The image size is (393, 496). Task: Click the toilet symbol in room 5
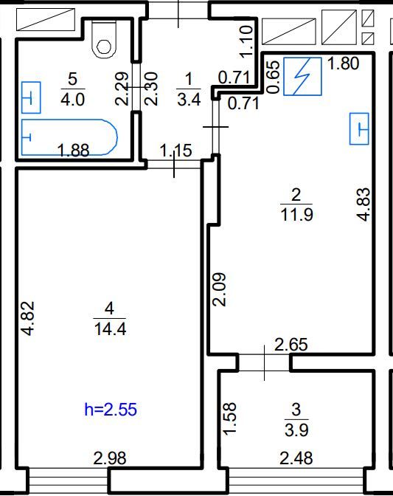(x=103, y=39)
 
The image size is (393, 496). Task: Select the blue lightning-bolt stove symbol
(x=302, y=76)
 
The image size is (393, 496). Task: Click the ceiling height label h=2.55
(x=111, y=410)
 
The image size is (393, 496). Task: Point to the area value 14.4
(x=110, y=329)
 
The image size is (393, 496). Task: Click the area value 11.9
(x=296, y=215)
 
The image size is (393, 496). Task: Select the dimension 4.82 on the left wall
(x=27, y=319)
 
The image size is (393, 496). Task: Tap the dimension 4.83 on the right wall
(x=364, y=204)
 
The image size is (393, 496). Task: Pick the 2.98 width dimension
(x=110, y=458)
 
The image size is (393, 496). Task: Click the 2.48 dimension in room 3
(x=296, y=458)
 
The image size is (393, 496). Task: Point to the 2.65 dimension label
(x=291, y=345)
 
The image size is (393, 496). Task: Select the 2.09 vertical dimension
(x=219, y=289)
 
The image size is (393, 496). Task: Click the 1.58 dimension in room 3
(x=229, y=418)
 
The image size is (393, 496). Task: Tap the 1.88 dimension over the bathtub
(x=74, y=151)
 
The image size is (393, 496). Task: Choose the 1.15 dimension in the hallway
(x=176, y=151)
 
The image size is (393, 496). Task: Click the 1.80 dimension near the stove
(x=344, y=63)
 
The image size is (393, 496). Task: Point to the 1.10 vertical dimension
(x=247, y=42)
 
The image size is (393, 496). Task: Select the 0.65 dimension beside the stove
(x=274, y=77)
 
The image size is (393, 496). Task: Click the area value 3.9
(x=296, y=430)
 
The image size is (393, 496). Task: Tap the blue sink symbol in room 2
(x=359, y=128)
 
